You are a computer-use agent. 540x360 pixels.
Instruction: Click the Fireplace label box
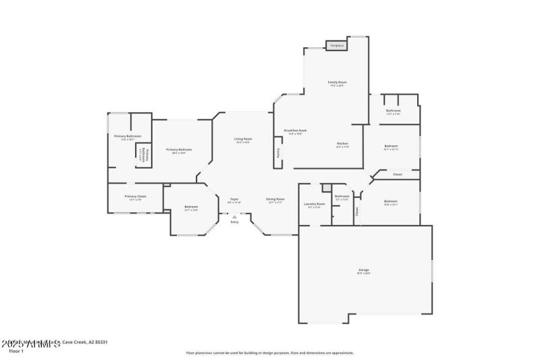pos(336,46)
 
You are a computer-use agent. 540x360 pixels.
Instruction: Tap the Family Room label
pos(337,82)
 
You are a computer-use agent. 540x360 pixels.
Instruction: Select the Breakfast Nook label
pos(296,130)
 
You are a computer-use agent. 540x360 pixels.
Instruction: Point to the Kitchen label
pos(342,144)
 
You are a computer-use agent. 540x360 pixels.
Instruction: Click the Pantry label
pos(277,153)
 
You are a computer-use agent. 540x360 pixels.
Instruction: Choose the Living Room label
pos(243,138)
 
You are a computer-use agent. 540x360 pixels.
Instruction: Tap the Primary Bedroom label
pos(179,149)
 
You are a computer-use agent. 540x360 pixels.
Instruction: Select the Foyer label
pos(234,199)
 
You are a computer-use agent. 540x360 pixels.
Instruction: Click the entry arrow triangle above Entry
pos(234,216)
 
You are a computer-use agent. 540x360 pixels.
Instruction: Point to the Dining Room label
pos(275,199)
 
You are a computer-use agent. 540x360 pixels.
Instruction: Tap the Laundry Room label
pos(315,203)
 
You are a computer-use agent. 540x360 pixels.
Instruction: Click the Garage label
pos(364,270)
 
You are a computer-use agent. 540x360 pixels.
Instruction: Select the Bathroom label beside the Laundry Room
pos(342,197)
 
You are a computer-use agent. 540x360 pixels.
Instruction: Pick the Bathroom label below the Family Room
pos(394,110)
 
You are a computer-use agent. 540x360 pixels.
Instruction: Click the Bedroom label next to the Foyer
pos(191,207)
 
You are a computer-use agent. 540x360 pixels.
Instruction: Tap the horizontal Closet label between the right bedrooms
pos(398,174)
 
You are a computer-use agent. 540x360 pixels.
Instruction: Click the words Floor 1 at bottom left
pos(16,351)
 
